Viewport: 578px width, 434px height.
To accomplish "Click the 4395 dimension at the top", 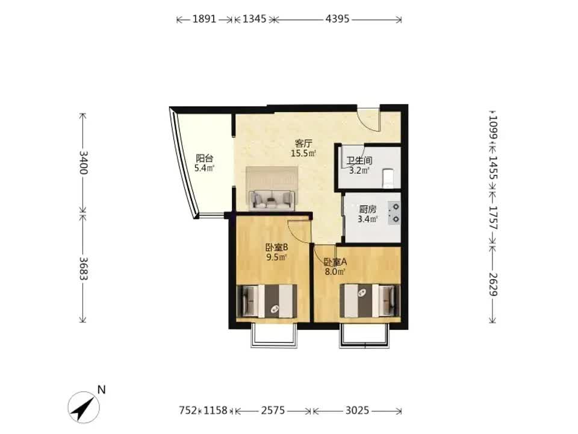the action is point(337,19).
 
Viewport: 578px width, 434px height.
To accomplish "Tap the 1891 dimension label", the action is point(204,19).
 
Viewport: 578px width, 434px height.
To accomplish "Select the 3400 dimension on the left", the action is point(84,162).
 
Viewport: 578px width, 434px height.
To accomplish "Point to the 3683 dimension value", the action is point(84,268).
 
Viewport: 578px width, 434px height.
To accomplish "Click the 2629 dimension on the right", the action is point(494,285).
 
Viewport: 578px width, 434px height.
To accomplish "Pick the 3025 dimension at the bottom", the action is point(357,410).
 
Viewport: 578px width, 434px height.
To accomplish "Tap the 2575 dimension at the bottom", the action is point(273,410).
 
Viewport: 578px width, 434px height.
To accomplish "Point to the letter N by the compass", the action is point(101,390).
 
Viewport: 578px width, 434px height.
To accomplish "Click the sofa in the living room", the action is point(272,199).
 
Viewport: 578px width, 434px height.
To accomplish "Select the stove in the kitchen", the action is point(394,213).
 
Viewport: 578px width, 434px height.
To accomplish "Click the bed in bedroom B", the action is point(267,301).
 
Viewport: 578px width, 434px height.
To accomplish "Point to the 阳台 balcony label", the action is point(205,159).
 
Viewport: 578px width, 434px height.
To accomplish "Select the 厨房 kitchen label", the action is point(367,210).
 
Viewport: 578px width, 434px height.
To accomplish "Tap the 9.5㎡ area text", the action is point(277,257).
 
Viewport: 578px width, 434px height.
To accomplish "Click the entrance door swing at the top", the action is point(368,119).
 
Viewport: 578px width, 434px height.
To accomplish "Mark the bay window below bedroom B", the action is point(274,336).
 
